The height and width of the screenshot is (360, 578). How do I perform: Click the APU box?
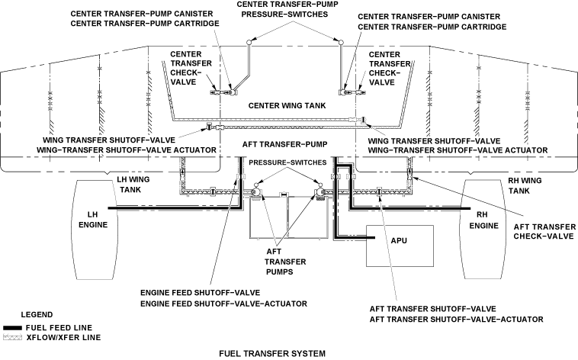[396, 246]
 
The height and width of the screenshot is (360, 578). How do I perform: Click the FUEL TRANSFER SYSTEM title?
[271, 353]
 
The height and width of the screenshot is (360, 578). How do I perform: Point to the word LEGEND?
[37, 314]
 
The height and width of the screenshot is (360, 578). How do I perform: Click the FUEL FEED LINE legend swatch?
[13, 327]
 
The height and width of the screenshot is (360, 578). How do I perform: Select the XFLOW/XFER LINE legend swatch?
[13, 336]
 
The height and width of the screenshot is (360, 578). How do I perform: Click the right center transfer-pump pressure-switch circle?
[341, 40]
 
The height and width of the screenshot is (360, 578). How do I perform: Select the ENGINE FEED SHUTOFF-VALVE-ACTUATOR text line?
[223, 303]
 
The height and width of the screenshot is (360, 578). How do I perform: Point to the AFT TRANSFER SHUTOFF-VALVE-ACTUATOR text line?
[456, 318]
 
